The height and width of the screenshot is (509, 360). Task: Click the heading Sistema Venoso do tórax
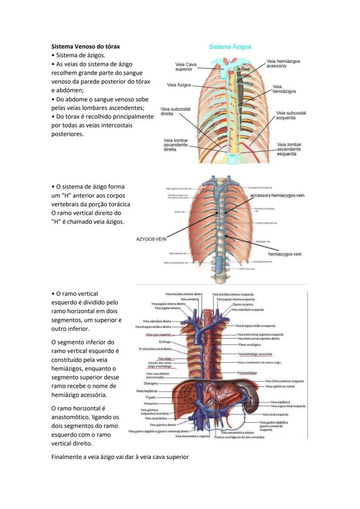[86, 46]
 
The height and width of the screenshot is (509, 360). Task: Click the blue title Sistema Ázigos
[230, 47]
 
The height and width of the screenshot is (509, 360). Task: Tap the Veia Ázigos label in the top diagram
[179, 85]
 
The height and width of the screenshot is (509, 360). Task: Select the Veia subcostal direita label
[175, 111]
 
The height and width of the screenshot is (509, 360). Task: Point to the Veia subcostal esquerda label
[291, 115]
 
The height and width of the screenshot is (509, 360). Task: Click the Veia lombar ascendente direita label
[176, 145]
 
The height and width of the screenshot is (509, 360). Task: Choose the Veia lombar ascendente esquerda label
[289, 149]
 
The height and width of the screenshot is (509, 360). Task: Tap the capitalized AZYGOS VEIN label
[151, 238]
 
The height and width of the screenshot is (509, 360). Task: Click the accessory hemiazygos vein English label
[277, 195]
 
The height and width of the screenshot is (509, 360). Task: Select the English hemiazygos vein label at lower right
[285, 254]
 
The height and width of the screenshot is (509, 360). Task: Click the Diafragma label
[151, 383]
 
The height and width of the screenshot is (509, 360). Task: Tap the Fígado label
[151, 397]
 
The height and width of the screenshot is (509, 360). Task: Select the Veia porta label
[151, 404]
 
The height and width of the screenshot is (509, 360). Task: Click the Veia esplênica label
[280, 402]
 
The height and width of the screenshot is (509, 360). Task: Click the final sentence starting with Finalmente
[120, 457]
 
